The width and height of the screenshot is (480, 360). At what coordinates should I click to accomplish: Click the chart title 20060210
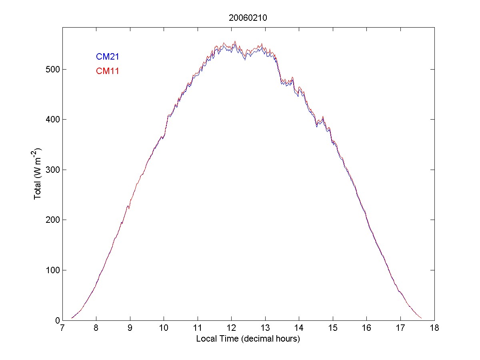tap(248, 18)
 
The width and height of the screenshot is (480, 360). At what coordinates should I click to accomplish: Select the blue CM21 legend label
tap(107, 57)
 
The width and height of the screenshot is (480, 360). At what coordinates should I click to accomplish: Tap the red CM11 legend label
tap(107, 71)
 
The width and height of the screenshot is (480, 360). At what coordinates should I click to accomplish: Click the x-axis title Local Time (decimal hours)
tap(248, 339)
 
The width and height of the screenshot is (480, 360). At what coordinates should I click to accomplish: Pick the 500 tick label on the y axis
tap(52, 70)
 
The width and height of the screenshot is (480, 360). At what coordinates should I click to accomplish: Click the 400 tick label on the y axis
tap(52, 120)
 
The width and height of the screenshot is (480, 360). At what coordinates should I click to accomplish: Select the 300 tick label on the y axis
tap(52, 170)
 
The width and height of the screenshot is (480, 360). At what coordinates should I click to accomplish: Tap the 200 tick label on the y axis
tap(52, 220)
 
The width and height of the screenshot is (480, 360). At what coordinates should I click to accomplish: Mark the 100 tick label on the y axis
tap(52, 270)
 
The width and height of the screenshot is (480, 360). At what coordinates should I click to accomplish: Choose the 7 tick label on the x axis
tap(62, 328)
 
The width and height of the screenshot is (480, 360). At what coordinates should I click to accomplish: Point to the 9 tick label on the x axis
tap(130, 328)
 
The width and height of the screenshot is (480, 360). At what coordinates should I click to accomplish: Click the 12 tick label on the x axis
tap(232, 328)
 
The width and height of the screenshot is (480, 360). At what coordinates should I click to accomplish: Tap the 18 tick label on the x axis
tap(434, 328)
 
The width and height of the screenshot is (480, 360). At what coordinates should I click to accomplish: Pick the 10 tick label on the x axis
tap(164, 328)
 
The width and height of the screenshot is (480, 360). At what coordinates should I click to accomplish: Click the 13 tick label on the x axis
tap(265, 328)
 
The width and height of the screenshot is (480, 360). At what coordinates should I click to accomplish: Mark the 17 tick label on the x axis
tap(400, 328)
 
